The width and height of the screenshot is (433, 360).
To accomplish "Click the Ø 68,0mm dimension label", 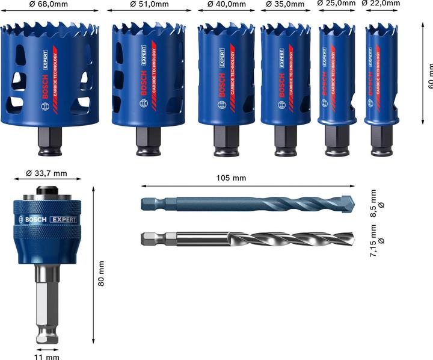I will (x=49, y=4).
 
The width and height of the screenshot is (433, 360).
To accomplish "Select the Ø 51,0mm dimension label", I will (x=148, y=4).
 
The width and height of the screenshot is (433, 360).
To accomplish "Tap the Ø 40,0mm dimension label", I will (x=226, y=4).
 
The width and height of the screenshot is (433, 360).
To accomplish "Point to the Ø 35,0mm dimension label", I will (x=285, y=4).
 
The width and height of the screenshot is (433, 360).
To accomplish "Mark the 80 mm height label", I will (x=101, y=273).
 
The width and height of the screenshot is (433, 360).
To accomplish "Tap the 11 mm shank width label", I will (x=48, y=355).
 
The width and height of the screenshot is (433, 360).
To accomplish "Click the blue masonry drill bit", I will (x=247, y=204).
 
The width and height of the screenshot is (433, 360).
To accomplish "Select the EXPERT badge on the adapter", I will (x=63, y=219).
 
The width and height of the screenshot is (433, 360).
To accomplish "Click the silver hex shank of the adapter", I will (x=47, y=301).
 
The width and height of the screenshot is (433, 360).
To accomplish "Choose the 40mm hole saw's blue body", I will (x=226, y=78).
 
